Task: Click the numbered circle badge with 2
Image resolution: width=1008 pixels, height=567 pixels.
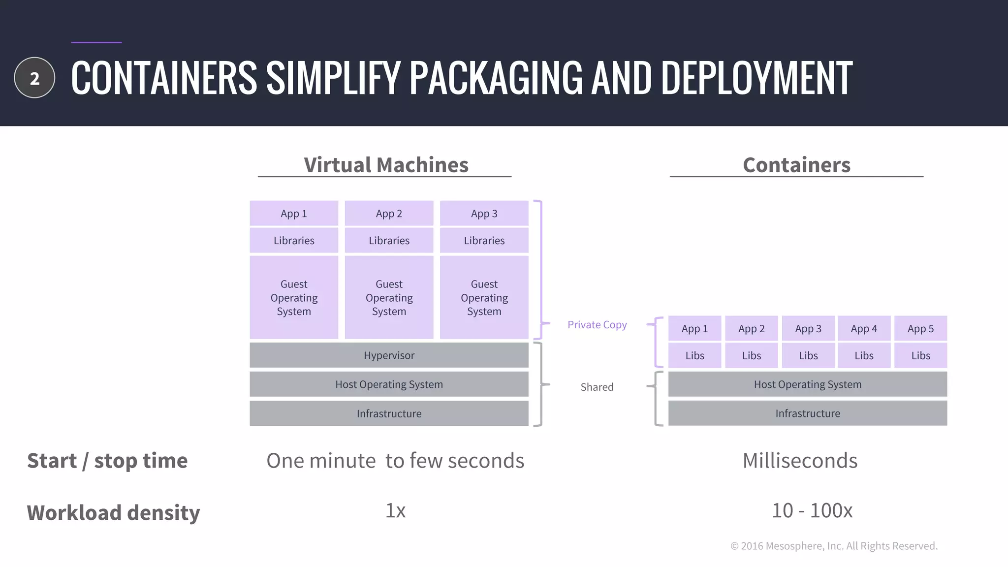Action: (34, 78)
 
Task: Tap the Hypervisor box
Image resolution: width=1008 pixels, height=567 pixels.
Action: (389, 355)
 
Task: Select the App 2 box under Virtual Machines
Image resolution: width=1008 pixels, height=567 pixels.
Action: (389, 214)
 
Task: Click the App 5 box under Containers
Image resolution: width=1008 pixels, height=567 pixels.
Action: (920, 329)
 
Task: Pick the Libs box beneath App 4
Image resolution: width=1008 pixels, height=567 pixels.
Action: (864, 355)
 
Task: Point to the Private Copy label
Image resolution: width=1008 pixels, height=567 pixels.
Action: (597, 325)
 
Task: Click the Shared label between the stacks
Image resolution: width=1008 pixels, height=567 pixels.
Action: (597, 387)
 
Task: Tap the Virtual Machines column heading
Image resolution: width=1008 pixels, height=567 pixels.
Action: (386, 165)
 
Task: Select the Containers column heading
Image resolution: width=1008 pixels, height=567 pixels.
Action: (796, 165)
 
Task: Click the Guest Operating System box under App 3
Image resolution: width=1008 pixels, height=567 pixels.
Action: (484, 297)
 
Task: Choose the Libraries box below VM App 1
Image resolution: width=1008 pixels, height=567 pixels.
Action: (294, 240)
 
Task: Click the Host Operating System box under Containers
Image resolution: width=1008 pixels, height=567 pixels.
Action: (807, 384)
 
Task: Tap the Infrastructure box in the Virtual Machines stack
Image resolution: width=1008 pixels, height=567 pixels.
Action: (389, 413)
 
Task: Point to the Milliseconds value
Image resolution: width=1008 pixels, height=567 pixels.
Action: (800, 461)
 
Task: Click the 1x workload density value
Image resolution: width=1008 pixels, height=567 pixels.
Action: (395, 511)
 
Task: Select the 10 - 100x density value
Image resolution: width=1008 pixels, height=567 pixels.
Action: (812, 511)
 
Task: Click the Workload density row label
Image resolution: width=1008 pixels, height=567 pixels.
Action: (113, 513)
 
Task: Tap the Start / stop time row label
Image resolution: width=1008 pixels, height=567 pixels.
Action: (107, 461)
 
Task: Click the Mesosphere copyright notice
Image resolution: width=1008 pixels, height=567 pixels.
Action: (834, 546)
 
